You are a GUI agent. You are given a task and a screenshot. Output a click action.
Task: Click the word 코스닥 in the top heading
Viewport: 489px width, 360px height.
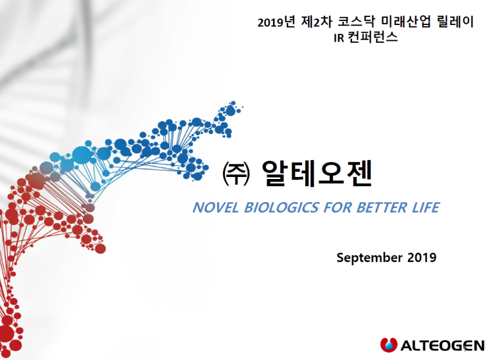point(355,22)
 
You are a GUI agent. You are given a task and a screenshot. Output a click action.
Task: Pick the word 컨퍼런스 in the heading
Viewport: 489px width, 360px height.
point(374,38)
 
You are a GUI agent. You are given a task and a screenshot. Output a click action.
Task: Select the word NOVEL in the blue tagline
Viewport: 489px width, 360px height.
point(215,208)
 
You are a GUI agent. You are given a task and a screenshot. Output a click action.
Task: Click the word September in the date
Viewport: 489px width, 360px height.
point(368,257)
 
